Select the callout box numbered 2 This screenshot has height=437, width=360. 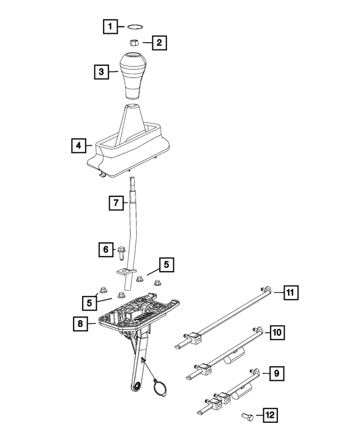(x=159, y=42)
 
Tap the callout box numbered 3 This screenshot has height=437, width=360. (x=102, y=72)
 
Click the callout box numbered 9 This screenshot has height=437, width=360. (x=277, y=372)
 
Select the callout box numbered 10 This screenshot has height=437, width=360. (x=277, y=333)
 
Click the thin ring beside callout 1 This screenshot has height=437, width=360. (x=134, y=26)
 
